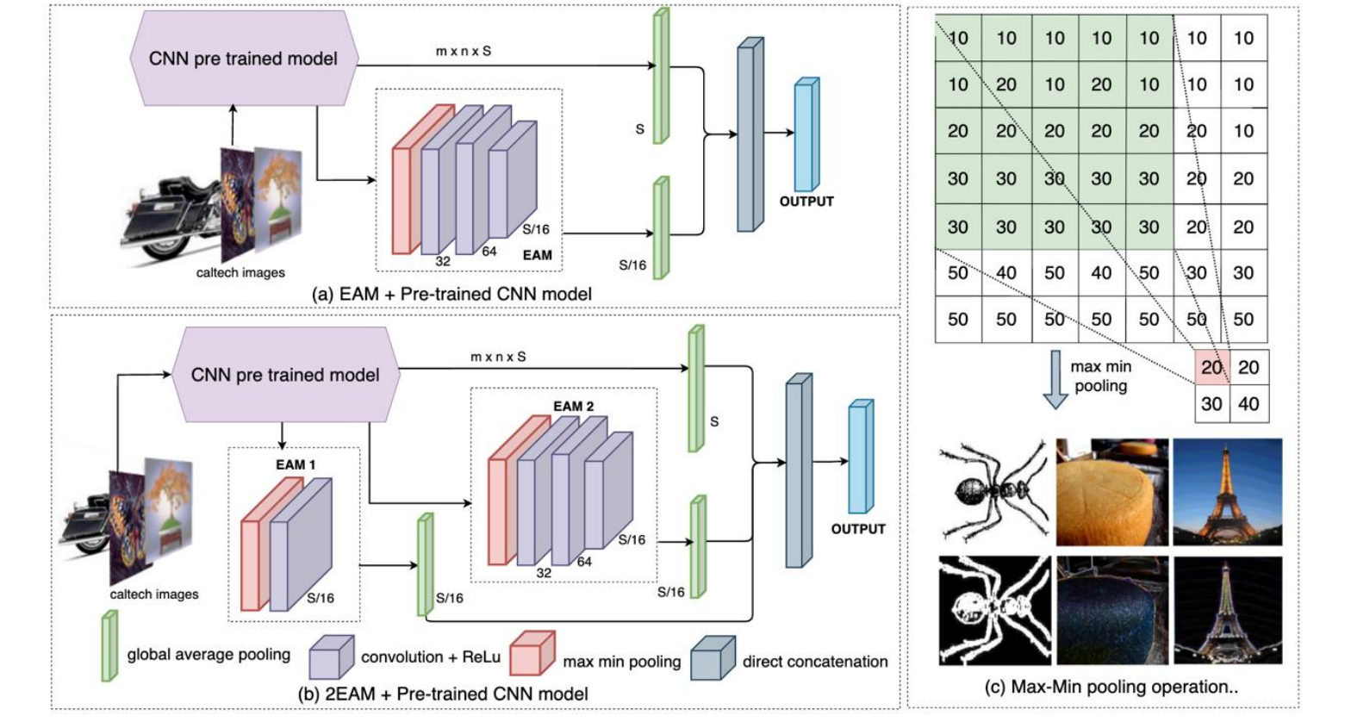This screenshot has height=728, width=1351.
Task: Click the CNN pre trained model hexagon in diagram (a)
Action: click(x=243, y=59)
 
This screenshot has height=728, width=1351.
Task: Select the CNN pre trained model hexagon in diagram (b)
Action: click(x=285, y=375)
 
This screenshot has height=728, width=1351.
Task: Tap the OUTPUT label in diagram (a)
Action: click(x=806, y=202)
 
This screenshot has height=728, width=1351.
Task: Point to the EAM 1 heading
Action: click(x=296, y=464)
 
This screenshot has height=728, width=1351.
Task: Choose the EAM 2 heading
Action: click(x=573, y=406)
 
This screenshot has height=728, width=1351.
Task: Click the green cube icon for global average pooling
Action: click(x=109, y=645)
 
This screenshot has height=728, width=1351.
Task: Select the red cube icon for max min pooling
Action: click(x=531, y=654)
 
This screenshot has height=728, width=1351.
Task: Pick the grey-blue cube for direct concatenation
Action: click(x=713, y=658)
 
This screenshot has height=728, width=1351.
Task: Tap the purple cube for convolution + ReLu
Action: click(x=331, y=658)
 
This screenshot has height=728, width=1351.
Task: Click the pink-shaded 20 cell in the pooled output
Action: click(x=1212, y=368)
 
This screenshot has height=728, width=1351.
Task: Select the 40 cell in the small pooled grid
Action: click(x=1248, y=403)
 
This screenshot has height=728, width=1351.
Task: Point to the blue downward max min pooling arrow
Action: click(x=1055, y=377)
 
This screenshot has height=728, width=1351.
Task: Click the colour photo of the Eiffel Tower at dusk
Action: click(x=1227, y=492)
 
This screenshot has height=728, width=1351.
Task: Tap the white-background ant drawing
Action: click(x=994, y=492)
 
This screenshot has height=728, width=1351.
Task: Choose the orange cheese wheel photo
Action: click(x=1112, y=492)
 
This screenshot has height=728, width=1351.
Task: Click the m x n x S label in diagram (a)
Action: click(x=464, y=51)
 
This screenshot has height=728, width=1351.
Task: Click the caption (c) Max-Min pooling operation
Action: click(x=1111, y=687)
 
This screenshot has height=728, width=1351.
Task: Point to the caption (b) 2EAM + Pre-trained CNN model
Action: click(x=443, y=694)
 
